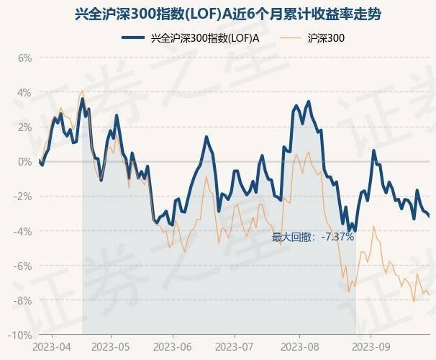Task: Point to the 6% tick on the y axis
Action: click(x=25, y=58)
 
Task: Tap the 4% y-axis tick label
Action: click(x=25, y=92)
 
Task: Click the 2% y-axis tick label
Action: click(x=25, y=127)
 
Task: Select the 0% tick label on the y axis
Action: click(x=25, y=161)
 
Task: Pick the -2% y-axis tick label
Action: click(x=24, y=196)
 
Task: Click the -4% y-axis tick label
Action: click(x=24, y=231)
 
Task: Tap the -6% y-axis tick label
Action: click(x=24, y=266)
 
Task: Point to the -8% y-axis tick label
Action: click(x=24, y=300)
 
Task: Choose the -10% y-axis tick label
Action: click(x=22, y=335)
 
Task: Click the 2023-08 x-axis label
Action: click(x=301, y=346)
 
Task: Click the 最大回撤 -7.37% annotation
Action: click(x=312, y=236)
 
